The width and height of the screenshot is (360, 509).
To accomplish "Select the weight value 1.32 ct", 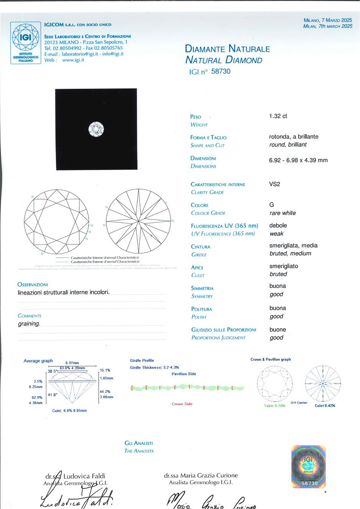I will pos(278,116).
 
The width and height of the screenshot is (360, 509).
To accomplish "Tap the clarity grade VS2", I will pos(275,184).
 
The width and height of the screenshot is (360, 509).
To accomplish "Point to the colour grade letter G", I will pos(272,205).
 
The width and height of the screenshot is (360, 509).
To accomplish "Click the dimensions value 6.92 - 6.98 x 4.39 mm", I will pos(298,160).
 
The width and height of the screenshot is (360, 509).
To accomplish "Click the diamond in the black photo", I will pos(96,129).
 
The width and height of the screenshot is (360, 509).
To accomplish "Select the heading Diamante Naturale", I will pos(228,49).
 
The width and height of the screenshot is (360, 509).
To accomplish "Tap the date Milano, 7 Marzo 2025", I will pos(328,20).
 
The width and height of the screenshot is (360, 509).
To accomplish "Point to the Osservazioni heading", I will pos(32,284).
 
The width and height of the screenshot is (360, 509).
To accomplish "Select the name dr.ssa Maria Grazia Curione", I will pos(201,475).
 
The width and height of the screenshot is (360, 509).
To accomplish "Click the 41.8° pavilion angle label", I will pos(52,394).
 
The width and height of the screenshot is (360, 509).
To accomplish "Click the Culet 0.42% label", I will pos(324,405).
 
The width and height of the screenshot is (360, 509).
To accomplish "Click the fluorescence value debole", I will pos(278,225).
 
